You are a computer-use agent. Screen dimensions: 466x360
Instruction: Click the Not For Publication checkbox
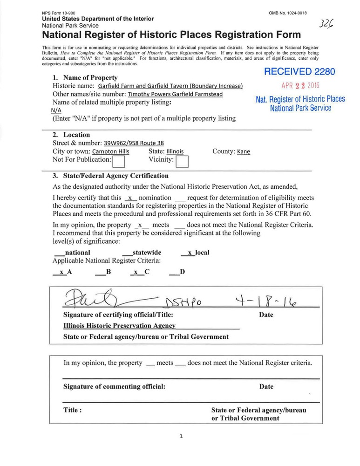pos(120,161)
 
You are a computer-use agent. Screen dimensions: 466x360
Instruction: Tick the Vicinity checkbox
pos(182,161)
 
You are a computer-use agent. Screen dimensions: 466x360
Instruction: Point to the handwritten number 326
pos(329,24)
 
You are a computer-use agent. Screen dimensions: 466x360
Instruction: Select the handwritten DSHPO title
pos(183,303)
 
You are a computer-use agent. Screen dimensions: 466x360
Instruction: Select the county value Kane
pos(244,152)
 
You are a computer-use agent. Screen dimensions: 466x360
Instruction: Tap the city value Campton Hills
pos(111,152)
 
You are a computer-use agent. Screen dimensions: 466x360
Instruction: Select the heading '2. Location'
pos(71,135)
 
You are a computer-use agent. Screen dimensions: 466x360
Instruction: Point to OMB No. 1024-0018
pos(291,12)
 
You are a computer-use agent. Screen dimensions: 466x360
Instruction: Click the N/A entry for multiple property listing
pos(56,111)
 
